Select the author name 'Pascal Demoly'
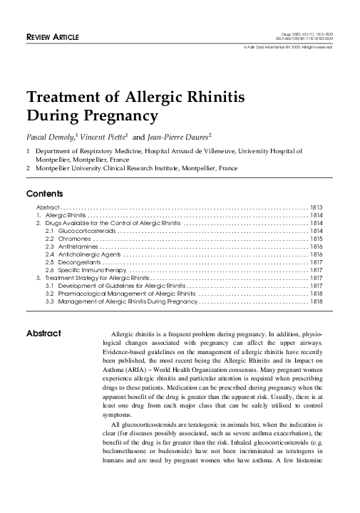tap(51, 135)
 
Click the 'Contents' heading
tap(45, 194)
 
